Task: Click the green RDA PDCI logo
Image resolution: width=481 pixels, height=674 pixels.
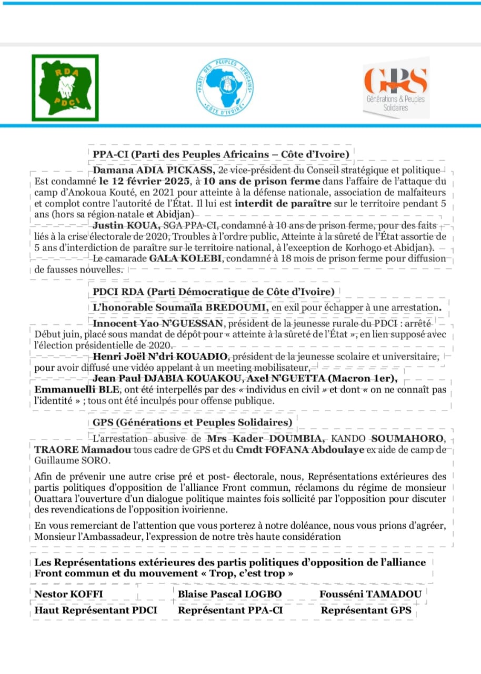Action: pos(65,86)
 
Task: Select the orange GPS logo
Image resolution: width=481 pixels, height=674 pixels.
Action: pos(396,87)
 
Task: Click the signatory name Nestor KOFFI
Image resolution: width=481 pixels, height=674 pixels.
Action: pos(68,594)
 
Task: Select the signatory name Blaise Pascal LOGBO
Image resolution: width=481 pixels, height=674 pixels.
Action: pos(230,594)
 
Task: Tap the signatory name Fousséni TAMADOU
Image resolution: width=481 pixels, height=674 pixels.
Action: pos(370,594)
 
